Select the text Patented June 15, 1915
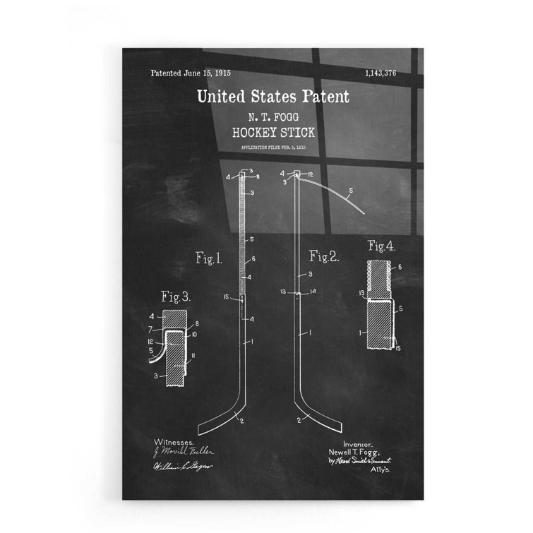click(191, 73)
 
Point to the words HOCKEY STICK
click(273, 132)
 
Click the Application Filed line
click(273, 147)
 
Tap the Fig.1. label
click(209, 259)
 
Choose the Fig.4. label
click(381, 246)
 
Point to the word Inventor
click(346, 440)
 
